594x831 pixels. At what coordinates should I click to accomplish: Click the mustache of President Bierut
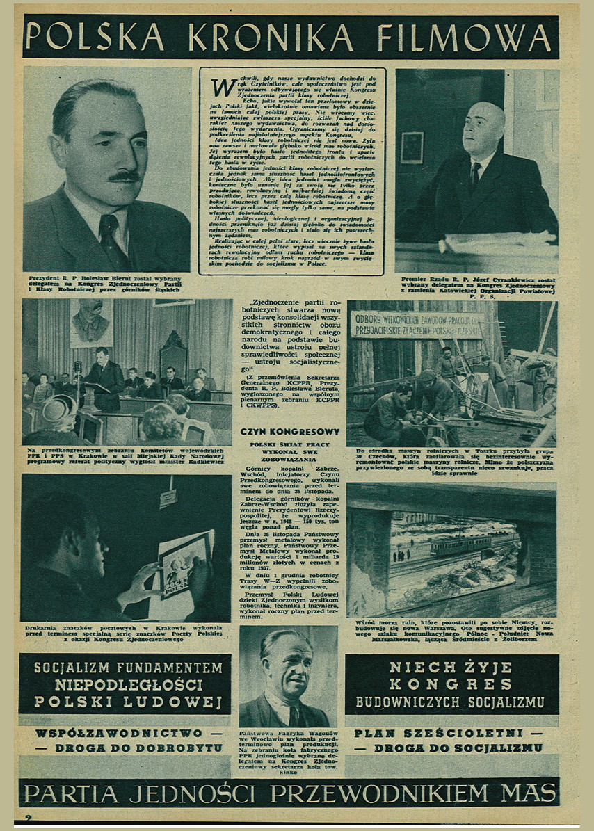point(125,177)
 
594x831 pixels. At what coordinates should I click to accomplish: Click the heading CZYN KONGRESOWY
point(289,432)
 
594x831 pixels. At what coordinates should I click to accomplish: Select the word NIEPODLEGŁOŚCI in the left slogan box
point(125,685)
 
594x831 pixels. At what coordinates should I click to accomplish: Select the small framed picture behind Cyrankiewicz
point(412,148)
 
